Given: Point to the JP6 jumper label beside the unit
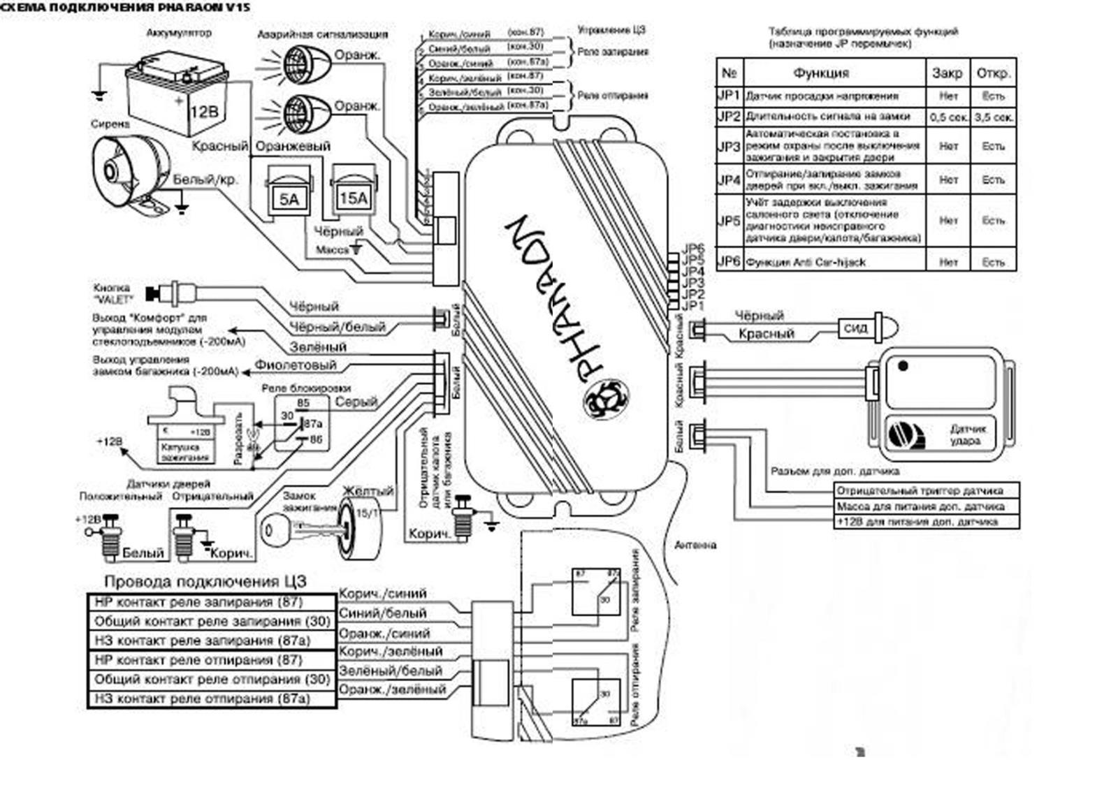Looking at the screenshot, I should pyautogui.click(x=692, y=249).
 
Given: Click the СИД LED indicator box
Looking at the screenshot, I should pyautogui.click(x=855, y=328).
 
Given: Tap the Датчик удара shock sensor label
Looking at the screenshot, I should pyautogui.click(x=967, y=434).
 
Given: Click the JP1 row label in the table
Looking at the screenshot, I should pyautogui.click(x=729, y=96).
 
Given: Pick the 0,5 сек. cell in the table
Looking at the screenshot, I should pyautogui.click(x=948, y=117).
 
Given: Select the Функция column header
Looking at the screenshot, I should pyautogui.click(x=820, y=73).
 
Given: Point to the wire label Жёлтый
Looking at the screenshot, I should pyautogui.click(x=368, y=492).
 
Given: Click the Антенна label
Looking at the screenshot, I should pyautogui.click(x=695, y=545).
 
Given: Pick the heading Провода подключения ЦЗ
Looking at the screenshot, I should pyautogui.click(x=205, y=581).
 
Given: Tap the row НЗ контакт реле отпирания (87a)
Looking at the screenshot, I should pyautogui.click(x=202, y=698).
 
